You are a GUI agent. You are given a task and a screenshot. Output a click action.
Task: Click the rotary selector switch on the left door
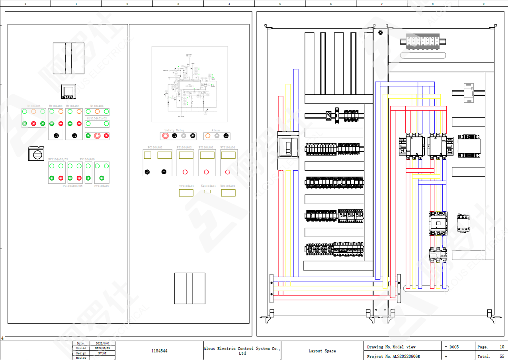[x=36, y=154]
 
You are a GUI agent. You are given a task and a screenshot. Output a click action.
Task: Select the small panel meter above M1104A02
[x=68, y=92]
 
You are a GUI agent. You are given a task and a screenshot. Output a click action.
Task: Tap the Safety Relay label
[x=174, y=130]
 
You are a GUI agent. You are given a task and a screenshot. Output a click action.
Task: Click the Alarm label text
[x=216, y=130]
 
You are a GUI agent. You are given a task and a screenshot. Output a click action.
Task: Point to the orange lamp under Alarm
[x=208, y=136]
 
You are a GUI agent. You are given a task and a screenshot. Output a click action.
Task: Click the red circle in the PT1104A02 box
[x=185, y=172]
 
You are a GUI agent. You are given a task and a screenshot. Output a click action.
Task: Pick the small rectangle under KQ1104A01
[x=207, y=191]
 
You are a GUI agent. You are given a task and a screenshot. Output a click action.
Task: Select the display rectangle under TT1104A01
[x=186, y=193]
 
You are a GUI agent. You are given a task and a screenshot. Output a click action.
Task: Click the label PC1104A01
[x=155, y=147]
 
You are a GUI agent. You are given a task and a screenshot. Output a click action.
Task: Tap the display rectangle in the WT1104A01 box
[x=228, y=155]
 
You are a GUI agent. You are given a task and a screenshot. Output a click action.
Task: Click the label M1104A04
[x=97, y=106]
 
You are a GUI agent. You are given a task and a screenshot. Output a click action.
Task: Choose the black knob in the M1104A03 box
[x=74, y=136]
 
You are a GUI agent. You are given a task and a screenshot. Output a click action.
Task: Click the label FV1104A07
[x=102, y=186]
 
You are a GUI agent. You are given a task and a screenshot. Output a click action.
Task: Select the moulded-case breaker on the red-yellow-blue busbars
[x=288, y=151]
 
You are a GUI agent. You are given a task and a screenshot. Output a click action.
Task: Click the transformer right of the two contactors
[x=469, y=146]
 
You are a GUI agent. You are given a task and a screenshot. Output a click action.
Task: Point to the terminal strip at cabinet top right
[x=422, y=42]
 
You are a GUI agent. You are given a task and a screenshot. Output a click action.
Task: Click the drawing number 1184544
[x=159, y=351]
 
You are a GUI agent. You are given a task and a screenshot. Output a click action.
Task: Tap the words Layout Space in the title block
[x=322, y=351]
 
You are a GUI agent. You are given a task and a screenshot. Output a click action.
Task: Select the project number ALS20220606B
[x=406, y=356]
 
